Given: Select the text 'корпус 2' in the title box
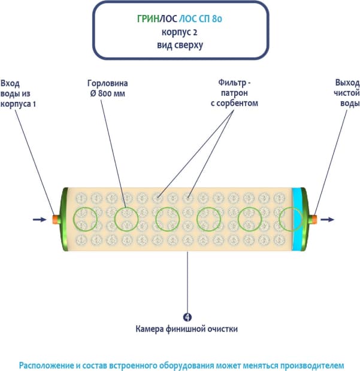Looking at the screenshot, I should coord(180,32).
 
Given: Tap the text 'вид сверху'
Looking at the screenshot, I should coord(180,45).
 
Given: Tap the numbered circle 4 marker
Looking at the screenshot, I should coord(187,317).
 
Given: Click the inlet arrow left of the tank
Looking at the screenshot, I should coord(39,219).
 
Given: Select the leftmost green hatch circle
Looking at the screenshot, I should coord(84,219).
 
